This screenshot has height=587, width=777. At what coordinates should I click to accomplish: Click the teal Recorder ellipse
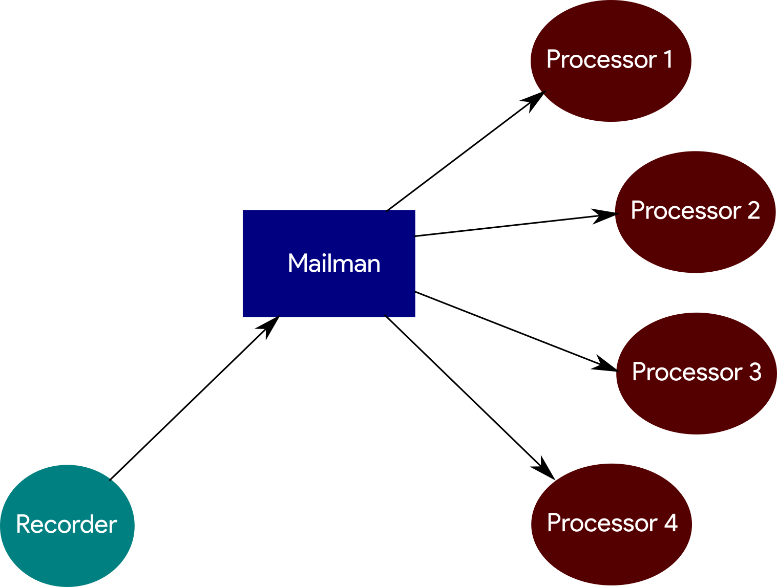pyautogui.click(x=67, y=558)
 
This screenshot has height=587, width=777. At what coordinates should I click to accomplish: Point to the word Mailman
pyautogui.click(x=334, y=264)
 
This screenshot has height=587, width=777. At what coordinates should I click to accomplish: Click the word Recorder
pyautogui.click(x=67, y=525)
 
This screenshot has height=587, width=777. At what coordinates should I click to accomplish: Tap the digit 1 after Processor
pyautogui.click(x=668, y=59)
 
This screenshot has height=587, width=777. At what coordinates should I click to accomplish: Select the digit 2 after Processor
pyautogui.click(x=753, y=210)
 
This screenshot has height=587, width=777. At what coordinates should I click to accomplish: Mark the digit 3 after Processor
pyautogui.click(x=755, y=372)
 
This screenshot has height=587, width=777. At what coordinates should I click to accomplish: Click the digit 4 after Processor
pyautogui.click(x=671, y=523)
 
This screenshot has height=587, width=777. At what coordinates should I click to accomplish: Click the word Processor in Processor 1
pyautogui.click(x=601, y=60)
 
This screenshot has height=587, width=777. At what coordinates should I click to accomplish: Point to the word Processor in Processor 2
pyautogui.click(x=686, y=211)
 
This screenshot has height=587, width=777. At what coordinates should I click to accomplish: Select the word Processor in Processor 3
pyautogui.click(x=687, y=373)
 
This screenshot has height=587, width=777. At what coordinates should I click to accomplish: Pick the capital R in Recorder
pyautogui.click(x=23, y=525)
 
